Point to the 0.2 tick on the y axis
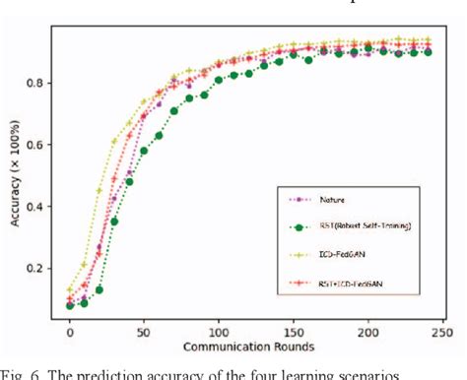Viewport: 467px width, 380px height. pos(41,269)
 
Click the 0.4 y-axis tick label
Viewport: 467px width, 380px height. pos(41,207)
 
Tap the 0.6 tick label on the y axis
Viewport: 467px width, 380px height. pos(41,145)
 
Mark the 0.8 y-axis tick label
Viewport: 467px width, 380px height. pos(41,83)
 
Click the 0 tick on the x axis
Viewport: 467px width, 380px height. pos(69,334)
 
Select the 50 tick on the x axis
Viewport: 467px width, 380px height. pos(144,334)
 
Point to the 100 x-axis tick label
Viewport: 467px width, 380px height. pos(218,334)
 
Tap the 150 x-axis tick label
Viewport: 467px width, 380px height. pos(293,334)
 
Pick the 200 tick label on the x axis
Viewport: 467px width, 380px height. pos(367,334)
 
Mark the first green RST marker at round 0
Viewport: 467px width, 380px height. pos(69,305)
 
